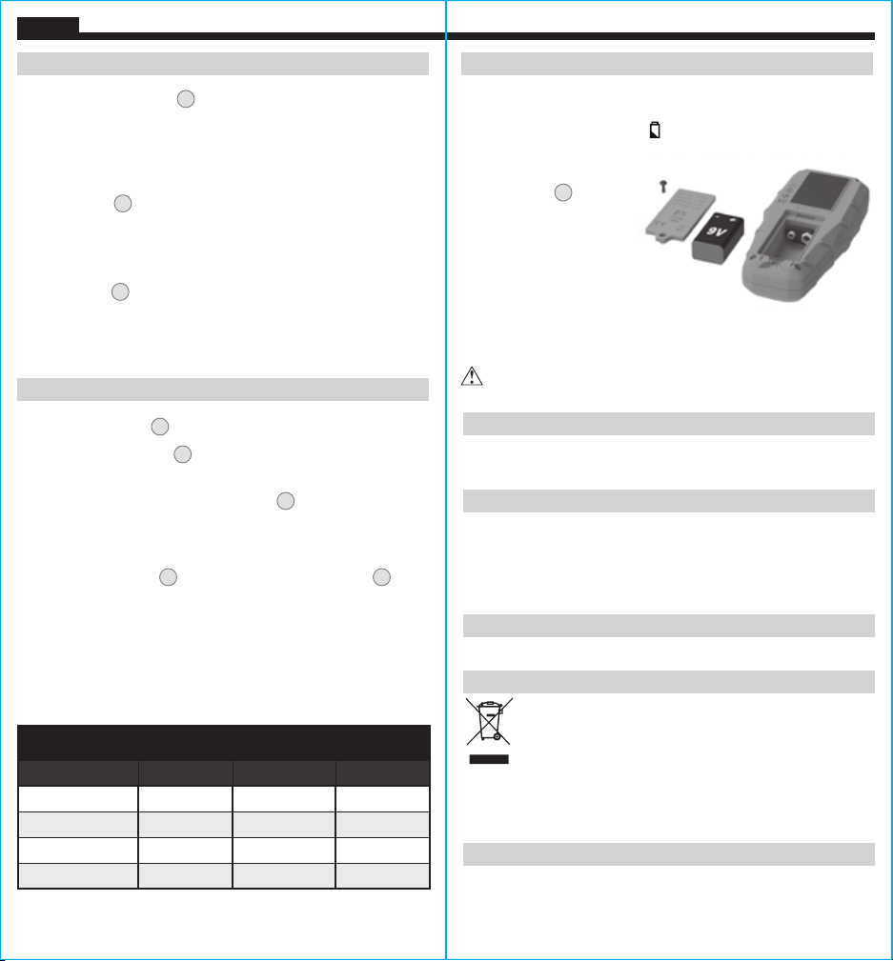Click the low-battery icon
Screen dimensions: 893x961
tap(655, 130)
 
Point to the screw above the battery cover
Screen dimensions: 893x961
tap(662, 187)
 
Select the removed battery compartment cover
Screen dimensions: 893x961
tap(680, 214)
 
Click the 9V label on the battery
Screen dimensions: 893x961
tap(717, 230)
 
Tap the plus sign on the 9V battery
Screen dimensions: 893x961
tap(733, 219)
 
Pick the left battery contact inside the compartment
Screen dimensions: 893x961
tap(792, 234)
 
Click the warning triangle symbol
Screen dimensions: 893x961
tap(472, 376)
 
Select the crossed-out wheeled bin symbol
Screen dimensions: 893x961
tap(489, 721)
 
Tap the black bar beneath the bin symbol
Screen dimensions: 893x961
tap(489, 759)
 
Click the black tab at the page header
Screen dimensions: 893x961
tap(48, 25)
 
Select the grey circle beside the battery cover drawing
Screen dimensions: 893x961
tap(563, 192)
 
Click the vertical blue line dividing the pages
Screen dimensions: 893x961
tap(446, 480)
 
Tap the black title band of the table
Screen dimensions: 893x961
tap(224, 743)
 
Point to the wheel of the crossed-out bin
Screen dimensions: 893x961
tap(497, 736)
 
